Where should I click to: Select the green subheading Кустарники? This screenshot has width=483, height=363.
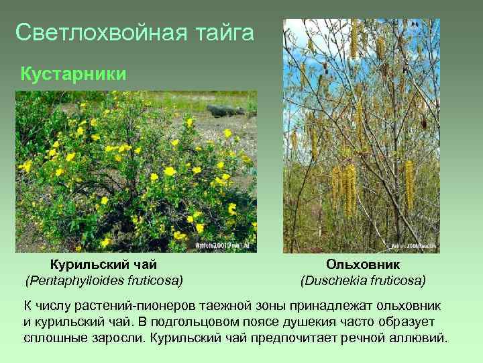pos(74,73)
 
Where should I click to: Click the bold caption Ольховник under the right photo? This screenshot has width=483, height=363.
pos(363,265)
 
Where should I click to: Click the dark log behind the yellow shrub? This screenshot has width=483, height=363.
pos(225,110)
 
